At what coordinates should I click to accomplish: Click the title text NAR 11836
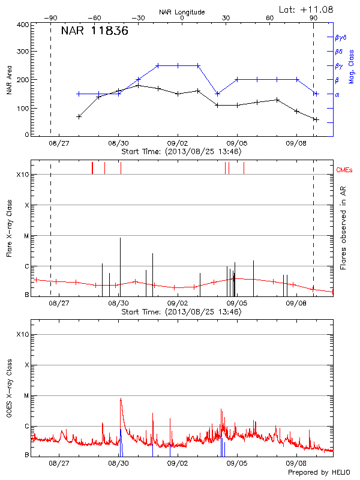point(94,31)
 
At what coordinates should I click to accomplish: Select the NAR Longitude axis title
point(182,11)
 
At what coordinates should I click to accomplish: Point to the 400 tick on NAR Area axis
point(23,25)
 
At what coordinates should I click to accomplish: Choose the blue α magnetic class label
point(337,94)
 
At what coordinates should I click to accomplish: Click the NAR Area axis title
point(9,80)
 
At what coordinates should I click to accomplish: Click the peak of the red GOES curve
point(121,399)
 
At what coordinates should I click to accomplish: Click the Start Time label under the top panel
point(181,152)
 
